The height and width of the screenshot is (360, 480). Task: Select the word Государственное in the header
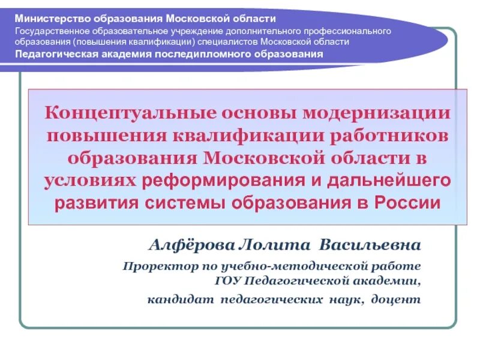(51, 31)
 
